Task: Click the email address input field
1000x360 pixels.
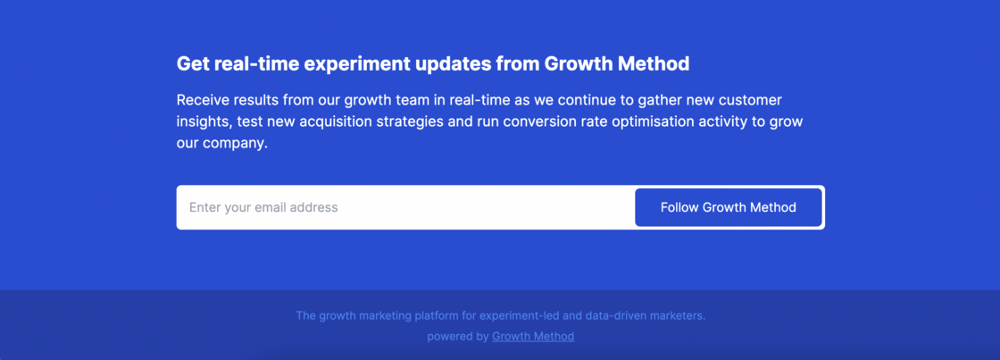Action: click(405, 207)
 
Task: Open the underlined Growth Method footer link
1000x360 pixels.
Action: click(533, 337)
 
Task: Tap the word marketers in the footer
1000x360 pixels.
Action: click(681, 316)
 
